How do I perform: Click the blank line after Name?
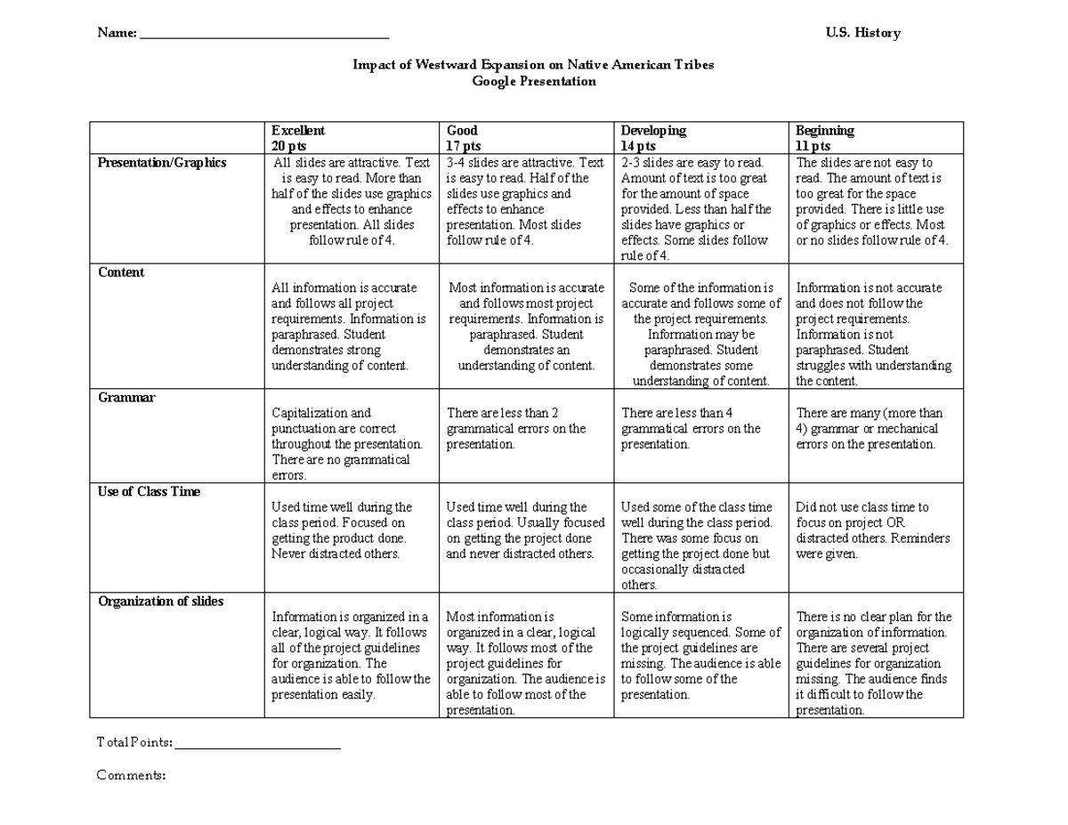pyautogui.click(x=264, y=35)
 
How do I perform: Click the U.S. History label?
pyautogui.click(x=862, y=33)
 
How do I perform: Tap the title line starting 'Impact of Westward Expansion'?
pyautogui.click(x=533, y=65)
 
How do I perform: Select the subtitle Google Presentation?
pyautogui.click(x=533, y=81)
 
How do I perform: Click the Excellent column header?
pyautogui.click(x=298, y=131)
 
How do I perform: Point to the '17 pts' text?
pyautogui.click(x=464, y=146)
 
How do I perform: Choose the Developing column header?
pyautogui.click(x=653, y=131)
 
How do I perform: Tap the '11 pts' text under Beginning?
pyautogui.click(x=813, y=146)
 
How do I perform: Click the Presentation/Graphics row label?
pyautogui.click(x=162, y=163)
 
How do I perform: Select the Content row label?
pyautogui.click(x=121, y=272)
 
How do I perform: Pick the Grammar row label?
pyautogui.click(x=126, y=398)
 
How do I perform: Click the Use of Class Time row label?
pyautogui.click(x=149, y=491)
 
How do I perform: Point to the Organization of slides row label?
pyautogui.click(x=160, y=602)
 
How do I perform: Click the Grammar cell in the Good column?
pyautogui.click(x=516, y=429)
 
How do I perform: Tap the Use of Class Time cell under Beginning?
pyautogui.click(x=873, y=530)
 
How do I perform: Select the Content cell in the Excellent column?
pyautogui.click(x=349, y=327)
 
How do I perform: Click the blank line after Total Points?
pyautogui.click(x=258, y=744)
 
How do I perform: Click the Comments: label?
pyautogui.click(x=131, y=775)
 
